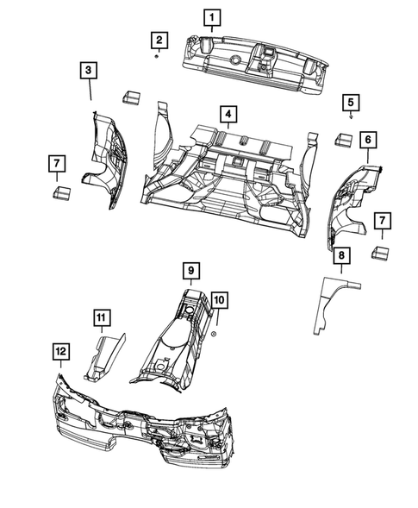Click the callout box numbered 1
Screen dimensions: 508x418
[x=211, y=16]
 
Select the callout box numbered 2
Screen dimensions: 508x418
[x=158, y=39]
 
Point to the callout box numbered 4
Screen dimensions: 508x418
[x=227, y=114]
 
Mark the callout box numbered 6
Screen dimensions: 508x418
[x=368, y=139]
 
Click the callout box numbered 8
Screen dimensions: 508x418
[x=341, y=255]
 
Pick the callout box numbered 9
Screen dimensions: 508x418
[x=190, y=270]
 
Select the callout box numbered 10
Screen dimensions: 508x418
[x=219, y=300]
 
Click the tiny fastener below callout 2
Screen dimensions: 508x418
[x=156, y=56]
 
